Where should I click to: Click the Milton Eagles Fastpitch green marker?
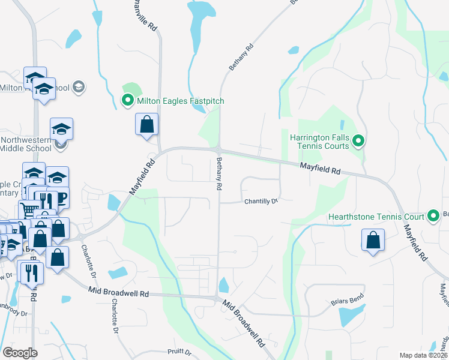(x=127, y=101)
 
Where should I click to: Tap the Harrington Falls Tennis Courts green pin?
(x=358, y=142)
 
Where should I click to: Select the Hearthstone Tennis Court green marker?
(x=433, y=217)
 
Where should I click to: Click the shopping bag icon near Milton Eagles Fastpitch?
(x=147, y=125)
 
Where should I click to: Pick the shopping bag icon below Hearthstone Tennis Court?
(x=373, y=240)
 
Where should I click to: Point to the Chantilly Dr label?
(x=261, y=202)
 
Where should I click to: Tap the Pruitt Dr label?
(x=179, y=353)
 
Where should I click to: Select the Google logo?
(x=20, y=353)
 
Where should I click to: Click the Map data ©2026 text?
(x=423, y=355)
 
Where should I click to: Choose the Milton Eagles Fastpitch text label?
(x=180, y=101)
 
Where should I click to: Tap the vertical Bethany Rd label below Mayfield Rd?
(x=219, y=174)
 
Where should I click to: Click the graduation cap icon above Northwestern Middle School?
(x=61, y=129)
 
